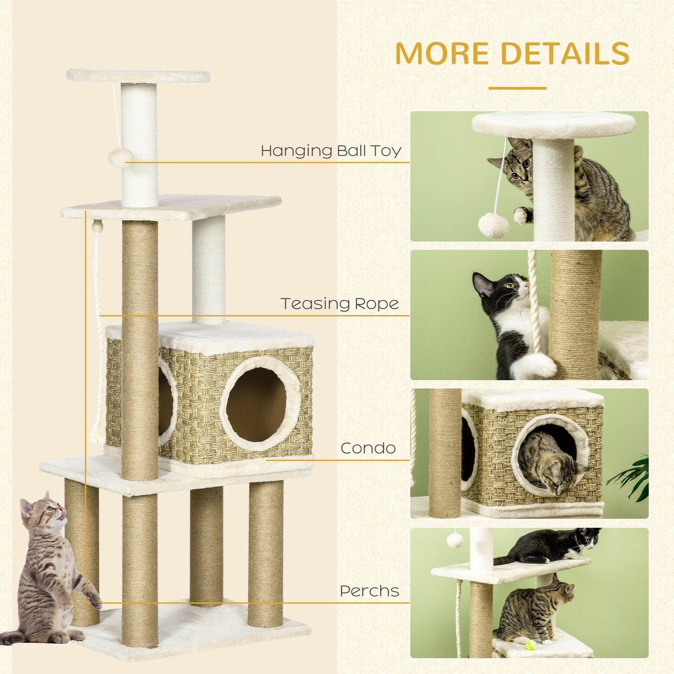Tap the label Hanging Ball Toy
[x=331, y=152]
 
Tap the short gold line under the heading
[x=517, y=88]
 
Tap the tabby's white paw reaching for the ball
[x=521, y=215]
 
